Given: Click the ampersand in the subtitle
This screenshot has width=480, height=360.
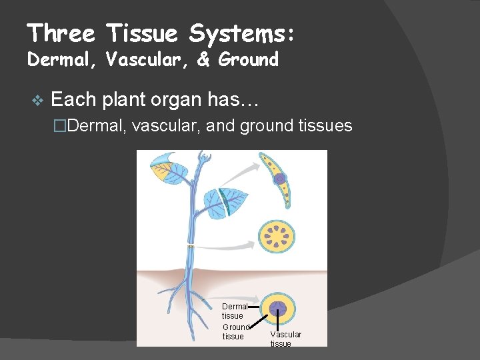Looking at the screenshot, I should (x=204, y=59).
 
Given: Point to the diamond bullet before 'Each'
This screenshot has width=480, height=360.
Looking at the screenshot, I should (x=37, y=101).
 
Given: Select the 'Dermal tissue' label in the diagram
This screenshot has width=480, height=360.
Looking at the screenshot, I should (x=234, y=311).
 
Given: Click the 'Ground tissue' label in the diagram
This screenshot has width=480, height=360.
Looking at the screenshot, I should (x=235, y=331).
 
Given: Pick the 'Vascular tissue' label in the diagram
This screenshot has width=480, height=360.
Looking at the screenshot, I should (x=285, y=339).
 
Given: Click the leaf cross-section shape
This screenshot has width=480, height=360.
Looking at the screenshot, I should (x=284, y=179).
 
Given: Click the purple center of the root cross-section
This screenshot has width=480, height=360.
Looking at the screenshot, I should (x=277, y=309).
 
